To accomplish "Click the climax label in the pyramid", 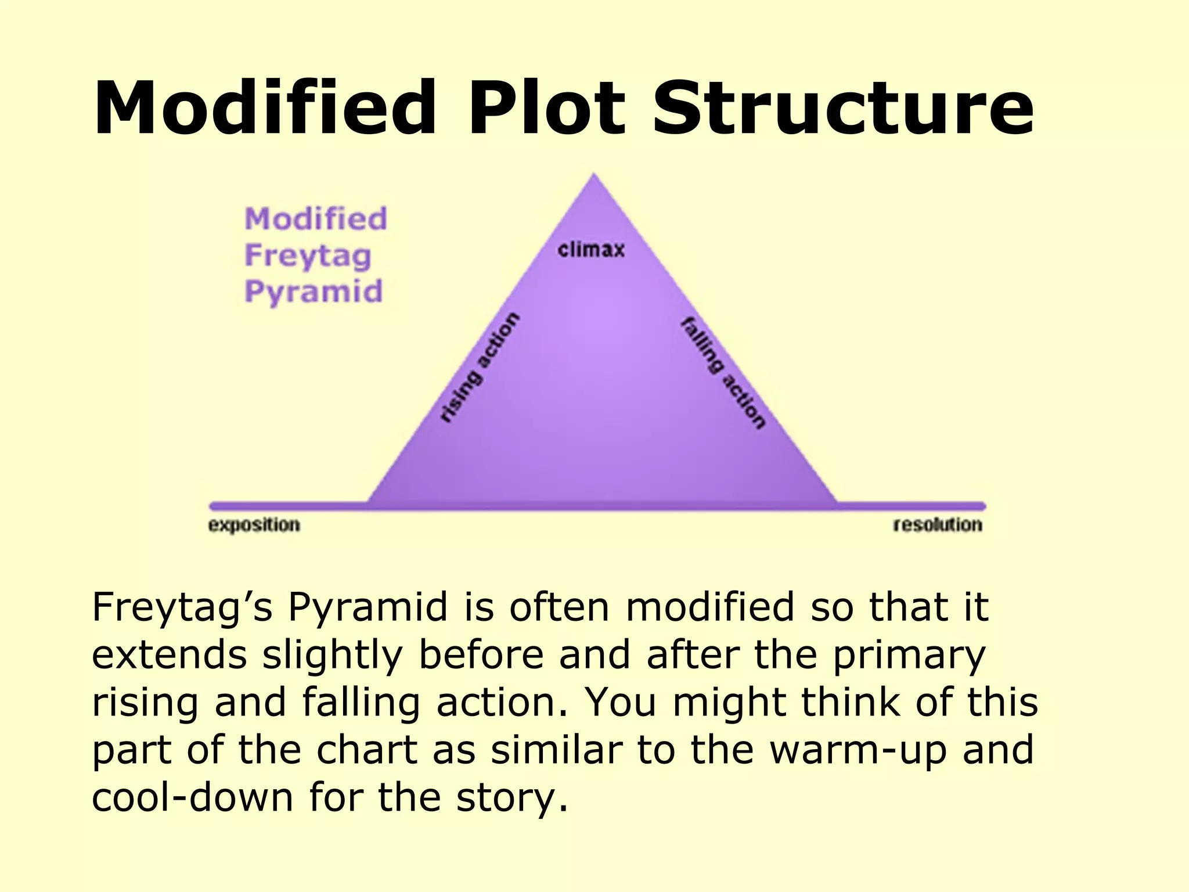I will coord(591,250).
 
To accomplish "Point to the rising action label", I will coord(480,367).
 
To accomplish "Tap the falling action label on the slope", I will coord(723,373).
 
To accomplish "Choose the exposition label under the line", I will coord(254,525).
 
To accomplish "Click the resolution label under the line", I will coord(938,525).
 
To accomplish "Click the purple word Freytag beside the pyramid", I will coord(308,256).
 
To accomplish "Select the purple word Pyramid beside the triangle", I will coord(314,292).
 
